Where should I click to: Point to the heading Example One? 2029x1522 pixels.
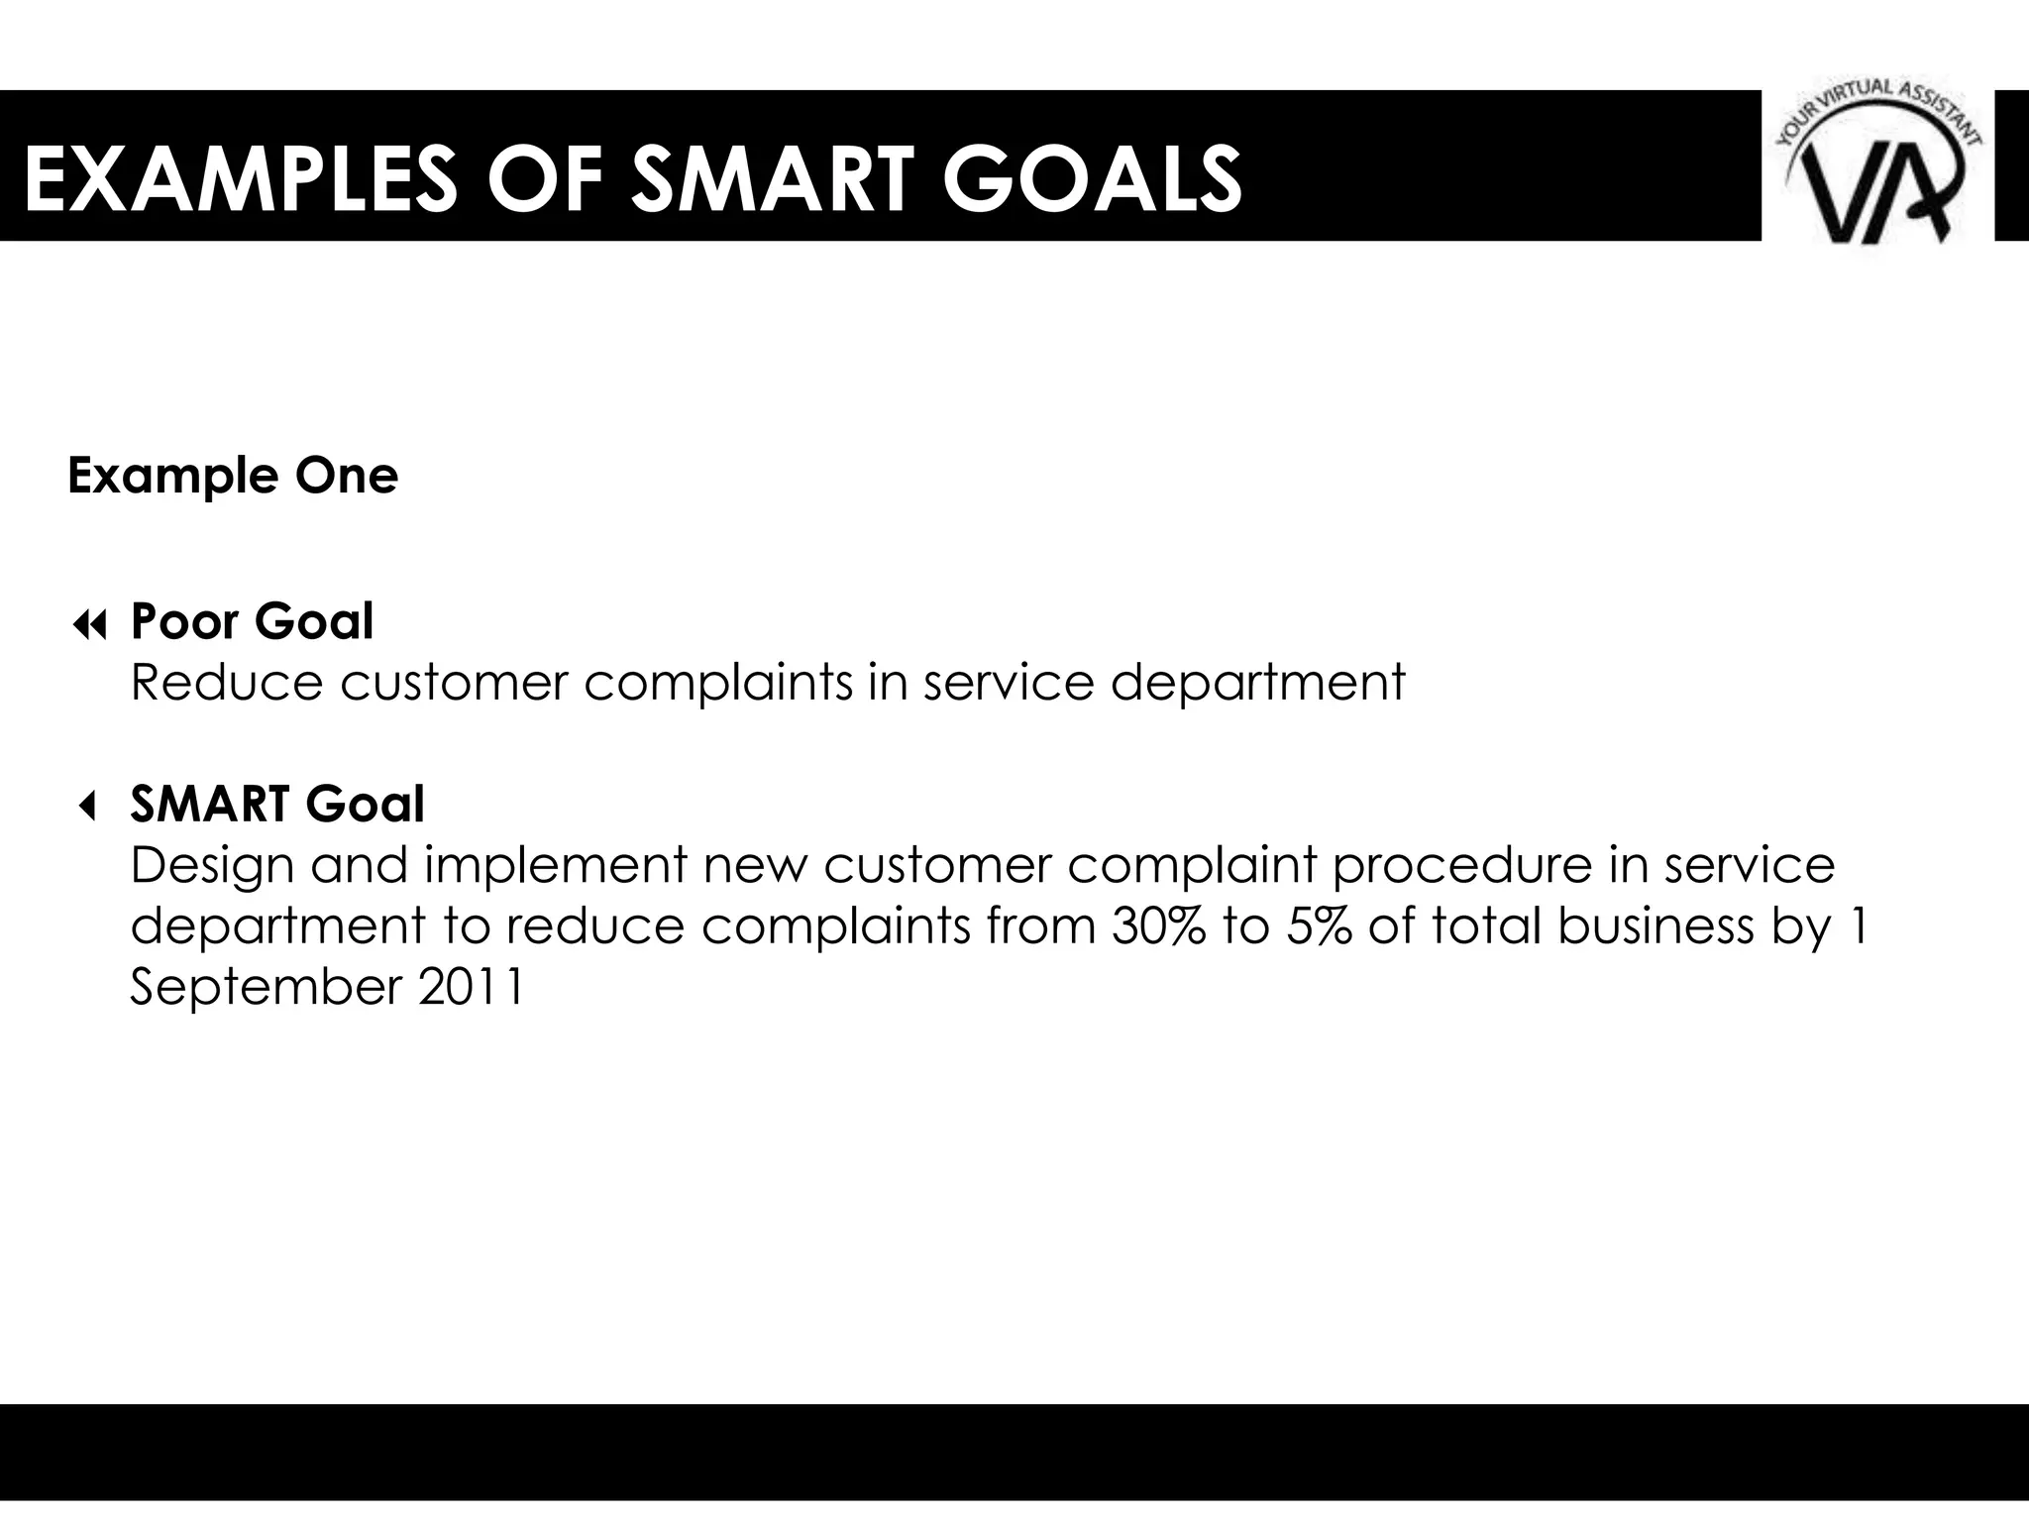point(233,476)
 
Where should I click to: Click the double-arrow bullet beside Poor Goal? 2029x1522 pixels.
point(89,625)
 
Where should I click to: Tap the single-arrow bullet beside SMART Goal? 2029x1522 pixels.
point(87,808)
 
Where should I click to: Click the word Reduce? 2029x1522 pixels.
point(227,683)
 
